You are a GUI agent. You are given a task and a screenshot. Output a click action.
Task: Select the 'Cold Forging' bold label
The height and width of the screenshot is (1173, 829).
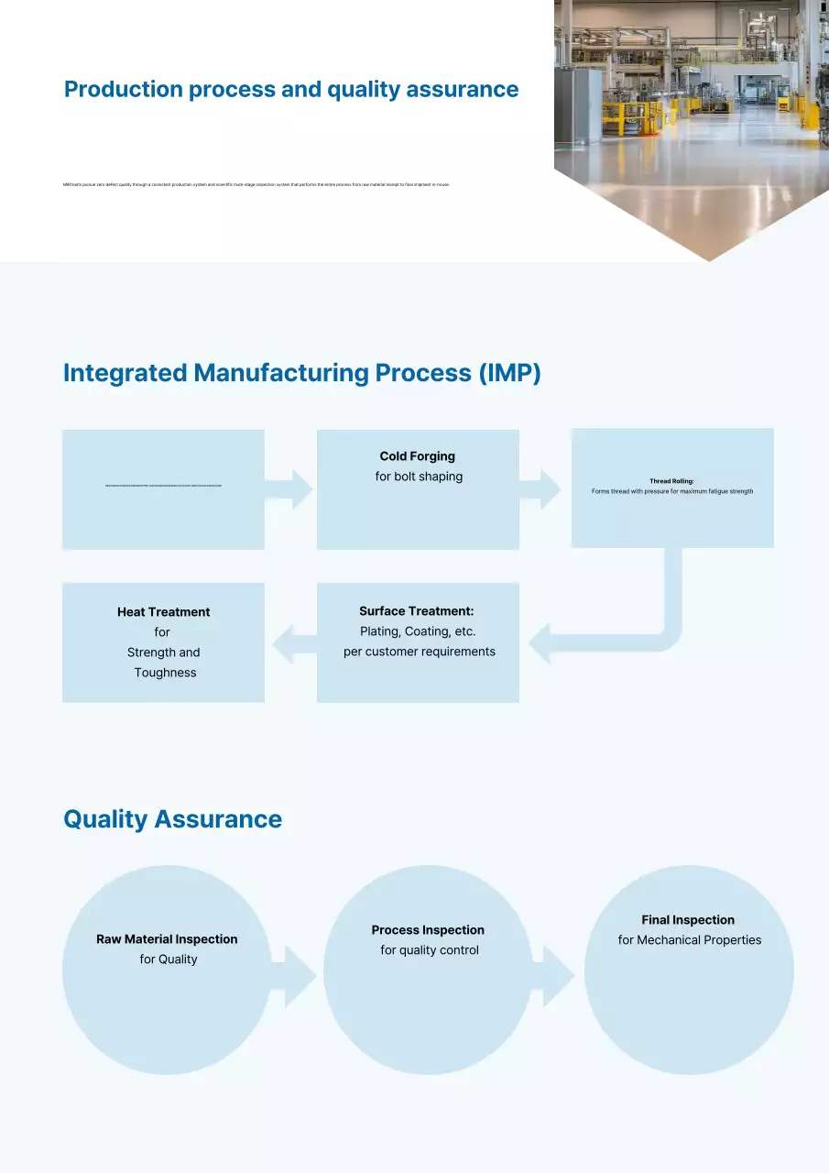click(418, 456)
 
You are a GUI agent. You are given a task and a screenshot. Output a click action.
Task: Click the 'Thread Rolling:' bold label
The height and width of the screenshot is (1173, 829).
click(671, 481)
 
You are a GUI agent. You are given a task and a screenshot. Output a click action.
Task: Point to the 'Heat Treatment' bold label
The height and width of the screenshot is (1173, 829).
click(164, 612)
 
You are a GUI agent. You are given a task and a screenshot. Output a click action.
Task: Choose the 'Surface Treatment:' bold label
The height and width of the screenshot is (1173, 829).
click(417, 611)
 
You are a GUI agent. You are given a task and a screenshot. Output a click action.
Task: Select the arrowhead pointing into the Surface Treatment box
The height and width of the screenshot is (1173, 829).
click(541, 641)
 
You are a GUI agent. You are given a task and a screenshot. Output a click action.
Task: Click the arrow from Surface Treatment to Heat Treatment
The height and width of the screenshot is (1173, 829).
click(291, 641)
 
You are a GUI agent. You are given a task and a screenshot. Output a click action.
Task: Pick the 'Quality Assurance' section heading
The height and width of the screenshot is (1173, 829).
click(172, 818)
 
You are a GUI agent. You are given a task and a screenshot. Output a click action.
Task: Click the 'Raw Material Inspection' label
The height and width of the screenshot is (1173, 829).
click(167, 939)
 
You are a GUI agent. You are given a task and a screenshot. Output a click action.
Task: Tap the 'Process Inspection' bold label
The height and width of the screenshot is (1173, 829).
click(428, 930)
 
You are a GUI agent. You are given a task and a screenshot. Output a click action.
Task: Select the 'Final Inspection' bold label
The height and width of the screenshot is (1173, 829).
click(688, 920)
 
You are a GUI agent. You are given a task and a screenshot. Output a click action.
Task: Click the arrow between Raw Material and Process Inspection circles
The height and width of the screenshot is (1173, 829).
click(297, 977)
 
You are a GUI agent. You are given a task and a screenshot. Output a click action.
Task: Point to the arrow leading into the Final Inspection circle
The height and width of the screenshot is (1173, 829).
click(557, 977)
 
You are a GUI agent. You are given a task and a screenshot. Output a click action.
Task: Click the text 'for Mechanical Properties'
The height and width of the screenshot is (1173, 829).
click(690, 940)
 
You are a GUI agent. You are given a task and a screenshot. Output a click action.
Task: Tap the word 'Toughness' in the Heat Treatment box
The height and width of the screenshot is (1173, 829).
click(165, 673)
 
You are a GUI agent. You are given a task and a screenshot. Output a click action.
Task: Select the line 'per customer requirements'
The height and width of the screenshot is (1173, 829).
click(420, 652)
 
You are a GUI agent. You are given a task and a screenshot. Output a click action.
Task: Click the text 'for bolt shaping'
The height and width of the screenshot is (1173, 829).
click(419, 477)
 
